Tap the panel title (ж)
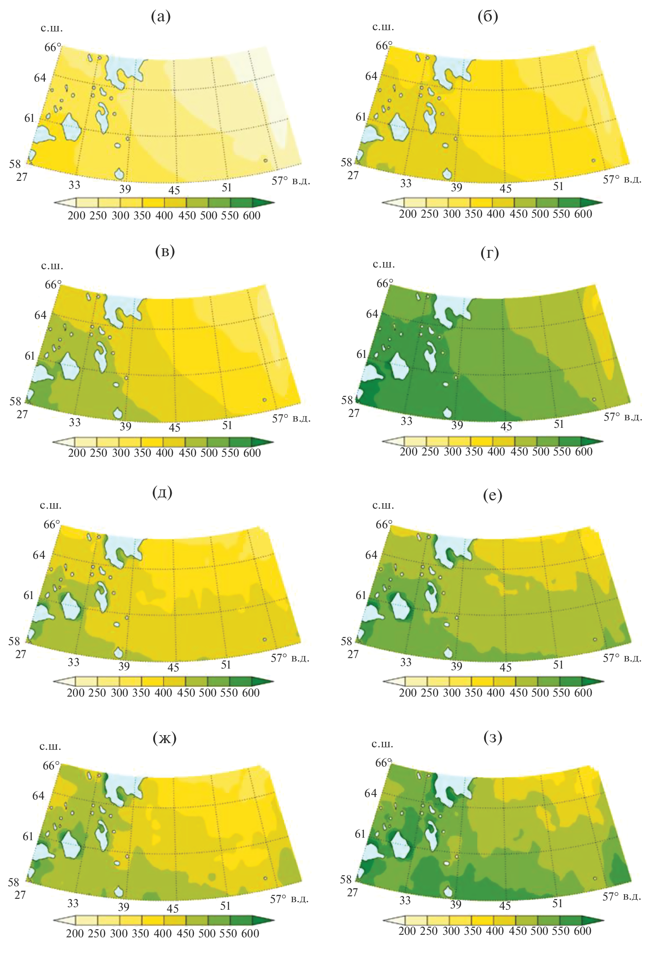click(x=165, y=738)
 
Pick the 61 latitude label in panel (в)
click(x=30, y=356)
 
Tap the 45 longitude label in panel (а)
click(x=174, y=190)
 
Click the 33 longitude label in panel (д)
click(x=74, y=662)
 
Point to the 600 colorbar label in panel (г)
click(x=583, y=452)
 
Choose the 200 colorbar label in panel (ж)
click(x=75, y=934)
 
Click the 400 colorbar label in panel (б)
click(x=495, y=214)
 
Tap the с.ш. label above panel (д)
click(x=51, y=505)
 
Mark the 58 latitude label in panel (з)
click(x=346, y=880)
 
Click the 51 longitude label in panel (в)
click(x=227, y=425)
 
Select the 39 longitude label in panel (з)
click(x=456, y=904)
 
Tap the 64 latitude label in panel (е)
click(x=371, y=555)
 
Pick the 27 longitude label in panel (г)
click(x=354, y=413)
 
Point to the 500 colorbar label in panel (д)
click(x=207, y=693)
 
